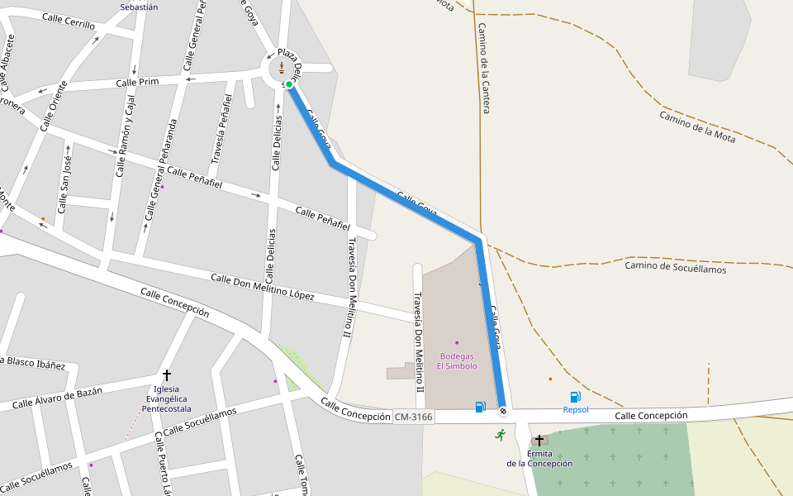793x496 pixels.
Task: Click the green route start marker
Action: tap(289, 84)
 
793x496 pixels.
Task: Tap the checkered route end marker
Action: tap(503, 410)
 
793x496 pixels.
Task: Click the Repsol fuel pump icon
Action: tap(575, 398)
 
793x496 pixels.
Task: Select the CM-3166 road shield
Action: tap(413, 417)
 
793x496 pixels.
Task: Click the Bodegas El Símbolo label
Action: tap(457, 361)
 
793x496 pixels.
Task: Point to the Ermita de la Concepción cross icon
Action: tap(539, 441)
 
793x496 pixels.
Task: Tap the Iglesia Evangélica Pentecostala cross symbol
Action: tap(167, 375)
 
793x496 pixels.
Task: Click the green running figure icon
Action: tap(500, 434)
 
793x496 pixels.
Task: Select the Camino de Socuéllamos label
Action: tap(675, 267)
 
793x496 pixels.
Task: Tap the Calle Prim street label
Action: tap(137, 82)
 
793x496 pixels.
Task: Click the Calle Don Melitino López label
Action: tap(262, 287)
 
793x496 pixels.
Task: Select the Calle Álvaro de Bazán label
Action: tap(57, 398)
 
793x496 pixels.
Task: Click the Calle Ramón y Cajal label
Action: tap(125, 136)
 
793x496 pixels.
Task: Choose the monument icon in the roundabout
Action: tap(281, 67)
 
